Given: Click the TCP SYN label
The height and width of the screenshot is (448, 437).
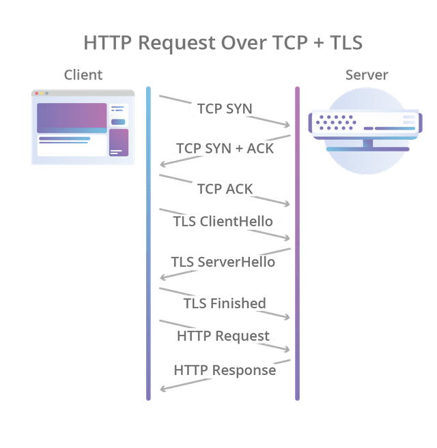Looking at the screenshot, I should (x=225, y=108).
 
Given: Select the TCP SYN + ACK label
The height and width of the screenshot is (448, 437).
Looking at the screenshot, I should (x=225, y=148).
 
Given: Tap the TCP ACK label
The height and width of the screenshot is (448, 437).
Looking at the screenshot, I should (x=225, y=188).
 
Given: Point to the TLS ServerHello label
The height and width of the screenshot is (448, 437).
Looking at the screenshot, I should (x=223, y=263).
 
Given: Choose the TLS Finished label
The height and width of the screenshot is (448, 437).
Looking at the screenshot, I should (x=225, y=303).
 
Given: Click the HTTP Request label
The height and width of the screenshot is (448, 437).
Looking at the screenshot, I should (x=223, y=335).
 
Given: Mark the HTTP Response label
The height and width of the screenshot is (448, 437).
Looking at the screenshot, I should (x=225, y=370).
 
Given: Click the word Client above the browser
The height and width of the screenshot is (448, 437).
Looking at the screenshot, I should (x=83, y=74).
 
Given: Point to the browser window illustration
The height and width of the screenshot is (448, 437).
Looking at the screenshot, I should (x=83, y=128).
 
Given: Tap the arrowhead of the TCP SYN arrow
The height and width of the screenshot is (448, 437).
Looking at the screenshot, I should (x=289, y=125).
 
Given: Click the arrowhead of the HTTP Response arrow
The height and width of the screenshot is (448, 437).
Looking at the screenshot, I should (x=161, y=390).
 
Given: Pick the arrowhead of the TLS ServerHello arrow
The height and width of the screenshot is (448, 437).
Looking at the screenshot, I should (x=161, y=278).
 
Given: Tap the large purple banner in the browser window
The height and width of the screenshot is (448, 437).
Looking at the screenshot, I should (x=72, y=117).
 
